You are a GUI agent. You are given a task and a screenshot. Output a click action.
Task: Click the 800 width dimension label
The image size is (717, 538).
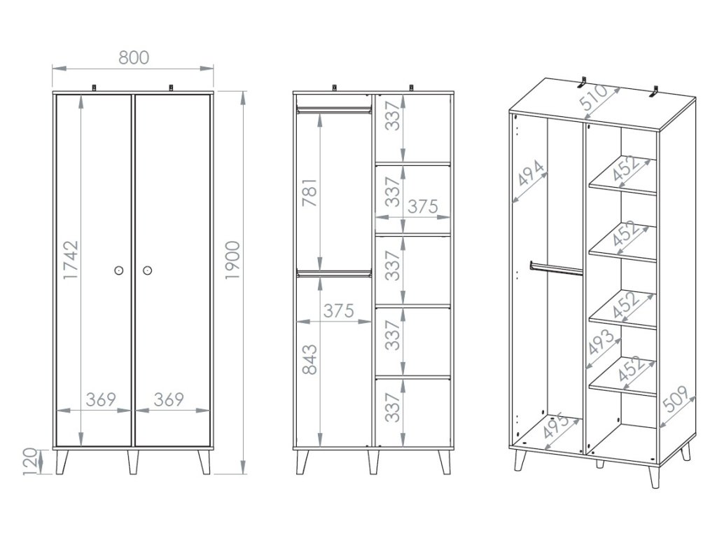point(134,57)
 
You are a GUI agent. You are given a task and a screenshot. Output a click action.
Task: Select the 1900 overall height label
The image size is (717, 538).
point(232,260)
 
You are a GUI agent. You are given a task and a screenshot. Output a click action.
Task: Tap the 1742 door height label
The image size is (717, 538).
point(71,261)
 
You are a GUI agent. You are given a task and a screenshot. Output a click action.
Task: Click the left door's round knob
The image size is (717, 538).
point(119,270)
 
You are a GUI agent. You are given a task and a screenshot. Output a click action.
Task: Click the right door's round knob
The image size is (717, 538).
point(147,270)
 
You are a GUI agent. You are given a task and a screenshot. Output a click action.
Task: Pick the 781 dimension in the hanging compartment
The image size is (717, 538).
point(310,193)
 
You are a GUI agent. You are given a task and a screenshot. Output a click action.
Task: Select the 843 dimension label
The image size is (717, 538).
point(310,359)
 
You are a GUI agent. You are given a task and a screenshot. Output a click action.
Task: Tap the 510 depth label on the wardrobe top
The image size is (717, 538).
point(594,98)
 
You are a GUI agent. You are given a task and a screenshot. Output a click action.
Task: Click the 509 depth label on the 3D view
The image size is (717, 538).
point(675,399)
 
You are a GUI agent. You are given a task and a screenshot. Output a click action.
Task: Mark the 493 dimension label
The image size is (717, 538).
point(601,342)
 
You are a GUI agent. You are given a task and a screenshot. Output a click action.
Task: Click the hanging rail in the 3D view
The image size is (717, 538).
point(556,268)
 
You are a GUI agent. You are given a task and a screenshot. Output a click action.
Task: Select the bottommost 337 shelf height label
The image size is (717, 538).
point(392,407)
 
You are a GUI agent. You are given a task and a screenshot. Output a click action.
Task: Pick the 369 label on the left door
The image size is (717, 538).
point(101,400)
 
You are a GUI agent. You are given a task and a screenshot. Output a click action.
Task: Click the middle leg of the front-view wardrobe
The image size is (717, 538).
point(133,462)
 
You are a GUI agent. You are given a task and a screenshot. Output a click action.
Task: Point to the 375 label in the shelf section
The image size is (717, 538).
point(423,207)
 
